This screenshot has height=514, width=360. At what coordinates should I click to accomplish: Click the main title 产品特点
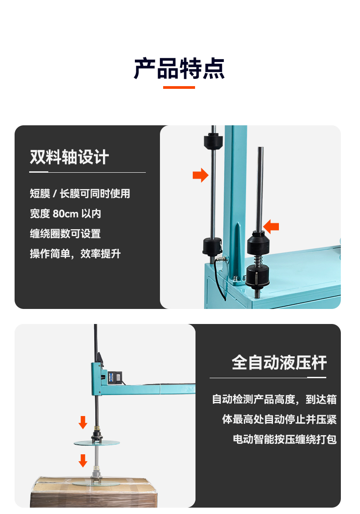(x=179, y=68)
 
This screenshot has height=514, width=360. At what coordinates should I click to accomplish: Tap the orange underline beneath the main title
(x=179, y=87)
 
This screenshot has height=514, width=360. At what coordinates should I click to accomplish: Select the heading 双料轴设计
(x=69, y=157)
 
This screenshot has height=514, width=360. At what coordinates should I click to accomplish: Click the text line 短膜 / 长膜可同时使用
(x=80, y=193)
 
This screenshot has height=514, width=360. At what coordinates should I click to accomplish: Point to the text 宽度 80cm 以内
(x=65, y=214)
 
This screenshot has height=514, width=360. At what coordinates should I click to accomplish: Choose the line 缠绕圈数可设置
(x=65, y=234)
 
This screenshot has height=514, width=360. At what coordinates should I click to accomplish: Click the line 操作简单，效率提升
(x=75, y=254)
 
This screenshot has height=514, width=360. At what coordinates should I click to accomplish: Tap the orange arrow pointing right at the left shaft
(x=201, y=175)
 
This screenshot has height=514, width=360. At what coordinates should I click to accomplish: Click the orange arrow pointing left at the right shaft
(x=271, y=226)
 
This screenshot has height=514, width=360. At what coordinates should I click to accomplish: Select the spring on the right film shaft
(x=258, y=260)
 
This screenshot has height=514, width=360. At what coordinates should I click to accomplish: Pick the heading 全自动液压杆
(x=279, y=363)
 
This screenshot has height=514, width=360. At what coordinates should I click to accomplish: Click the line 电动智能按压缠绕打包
(x=285, y=439)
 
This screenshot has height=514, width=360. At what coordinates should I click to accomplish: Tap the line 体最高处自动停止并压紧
(x=279, y=419)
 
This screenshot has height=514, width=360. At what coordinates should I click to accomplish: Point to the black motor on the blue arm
(x=114, y=377)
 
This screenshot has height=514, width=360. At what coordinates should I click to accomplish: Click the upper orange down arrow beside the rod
(x=83, y=422)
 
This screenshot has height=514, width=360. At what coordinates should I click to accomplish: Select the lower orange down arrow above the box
(x=83, y=461)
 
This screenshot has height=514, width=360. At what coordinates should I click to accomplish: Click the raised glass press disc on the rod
(x=97, y=443)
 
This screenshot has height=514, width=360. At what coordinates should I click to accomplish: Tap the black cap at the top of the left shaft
(x=213, y=141)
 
